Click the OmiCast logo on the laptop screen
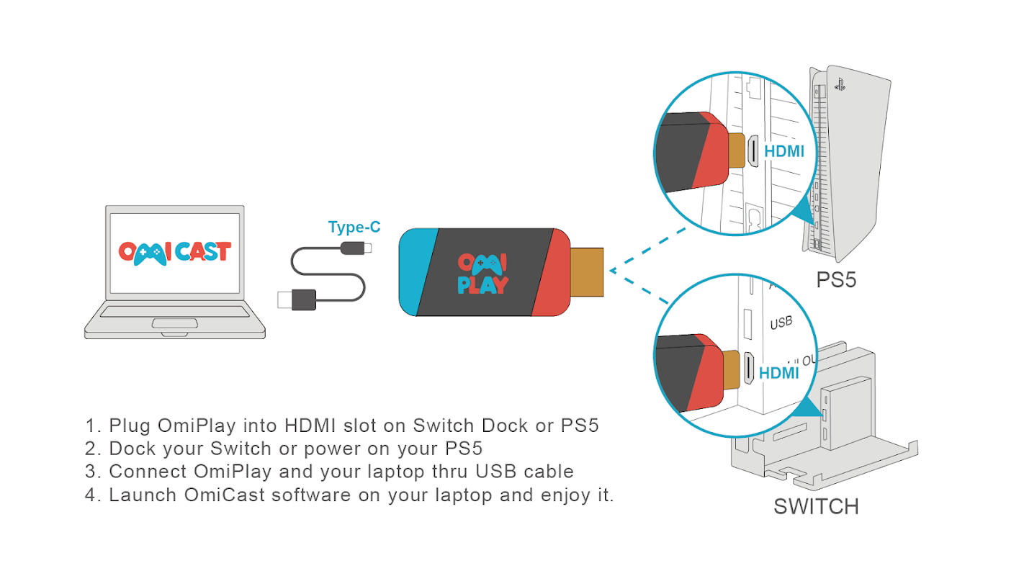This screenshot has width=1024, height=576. point(174,251)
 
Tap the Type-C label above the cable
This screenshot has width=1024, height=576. point(354,228)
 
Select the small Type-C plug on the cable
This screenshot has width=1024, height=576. point(358,249)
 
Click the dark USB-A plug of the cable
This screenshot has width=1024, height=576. point(297,299)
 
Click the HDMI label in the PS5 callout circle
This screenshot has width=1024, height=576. point(783,151)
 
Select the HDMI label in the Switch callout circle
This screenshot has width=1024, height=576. point(779,373)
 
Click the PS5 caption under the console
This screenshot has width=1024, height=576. point(836,280)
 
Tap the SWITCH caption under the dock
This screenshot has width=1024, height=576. point(816,506)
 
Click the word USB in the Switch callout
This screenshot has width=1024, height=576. point(781,323)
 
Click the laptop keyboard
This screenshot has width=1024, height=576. point(174,311)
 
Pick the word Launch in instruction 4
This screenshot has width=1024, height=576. point(143,495)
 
